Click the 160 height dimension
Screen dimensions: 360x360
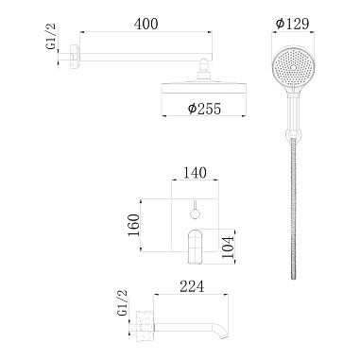[x=135, y=224]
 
